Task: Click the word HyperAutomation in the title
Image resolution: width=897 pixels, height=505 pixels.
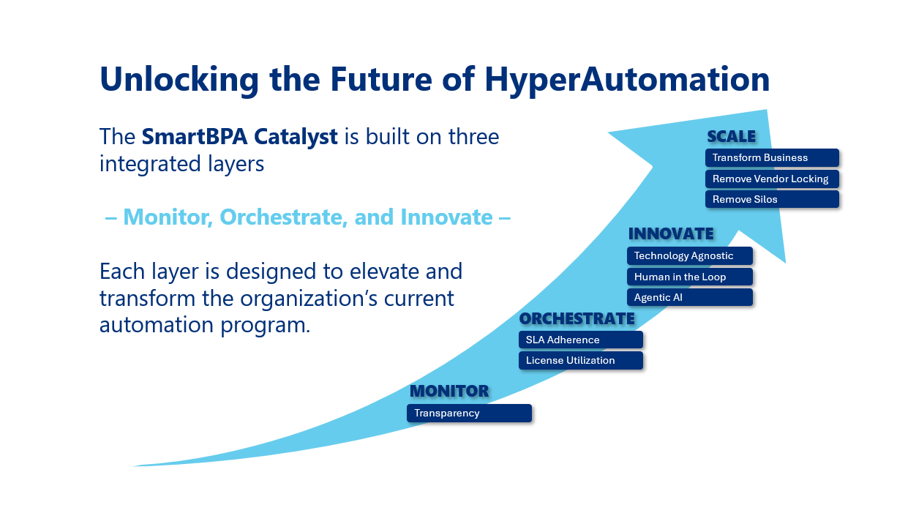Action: pos(627,80)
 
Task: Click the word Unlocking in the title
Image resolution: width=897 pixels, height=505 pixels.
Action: pos(179,80)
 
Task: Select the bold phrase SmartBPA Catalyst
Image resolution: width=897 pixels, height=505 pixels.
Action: pos(239,137)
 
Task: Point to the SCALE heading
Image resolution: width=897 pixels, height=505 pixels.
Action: pos(731,137)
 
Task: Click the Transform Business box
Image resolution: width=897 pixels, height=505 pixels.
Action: pos(772,157)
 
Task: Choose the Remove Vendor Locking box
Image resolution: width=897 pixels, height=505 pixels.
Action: pos(772,179)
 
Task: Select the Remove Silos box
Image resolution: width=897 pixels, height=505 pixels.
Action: pos(772,199)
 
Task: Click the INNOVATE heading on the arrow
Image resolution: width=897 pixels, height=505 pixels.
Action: pos(671,234)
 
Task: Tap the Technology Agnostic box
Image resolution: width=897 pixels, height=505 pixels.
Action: pos(690,255)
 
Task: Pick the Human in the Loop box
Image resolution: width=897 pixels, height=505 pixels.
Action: pos(690,277)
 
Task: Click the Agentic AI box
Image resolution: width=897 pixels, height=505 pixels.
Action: pos(690,297)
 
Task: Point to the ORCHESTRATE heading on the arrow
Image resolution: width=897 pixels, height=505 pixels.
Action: pos(577,319)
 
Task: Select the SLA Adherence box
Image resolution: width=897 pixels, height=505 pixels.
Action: pos(581,340)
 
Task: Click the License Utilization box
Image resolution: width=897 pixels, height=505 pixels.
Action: pos(581,360)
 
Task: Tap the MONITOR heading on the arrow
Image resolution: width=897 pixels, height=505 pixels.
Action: pos(449,392)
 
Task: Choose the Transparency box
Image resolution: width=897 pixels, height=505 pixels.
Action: pos(469,413)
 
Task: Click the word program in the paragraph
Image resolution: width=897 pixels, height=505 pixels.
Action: pos(265,325)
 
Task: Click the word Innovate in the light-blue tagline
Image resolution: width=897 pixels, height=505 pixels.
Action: pos(446,217)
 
